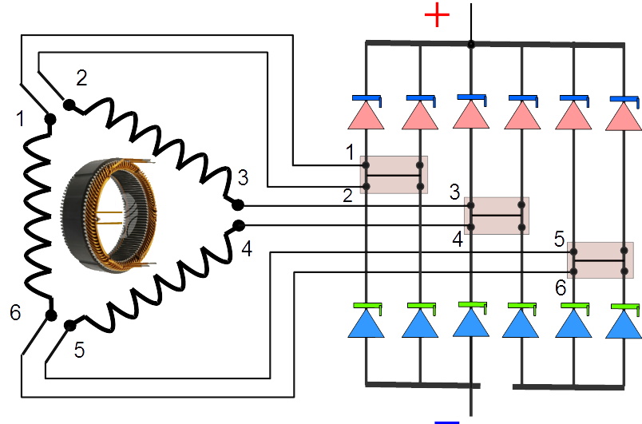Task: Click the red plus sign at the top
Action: pos(436,15)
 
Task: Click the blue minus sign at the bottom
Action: pos(448,420)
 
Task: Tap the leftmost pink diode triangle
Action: pos(367,116)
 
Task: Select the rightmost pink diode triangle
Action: pos(624,117)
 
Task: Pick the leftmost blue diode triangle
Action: pos(367,323)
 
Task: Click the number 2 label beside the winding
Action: pos(82,77)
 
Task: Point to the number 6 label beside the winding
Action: pos(15,312)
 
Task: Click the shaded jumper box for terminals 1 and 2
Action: pos(394,175)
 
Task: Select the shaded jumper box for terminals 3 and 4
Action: pos(497,216)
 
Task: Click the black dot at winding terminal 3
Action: pos(237,205)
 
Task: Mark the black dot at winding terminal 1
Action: pos(50,120)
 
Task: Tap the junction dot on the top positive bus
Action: pos(471,44)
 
